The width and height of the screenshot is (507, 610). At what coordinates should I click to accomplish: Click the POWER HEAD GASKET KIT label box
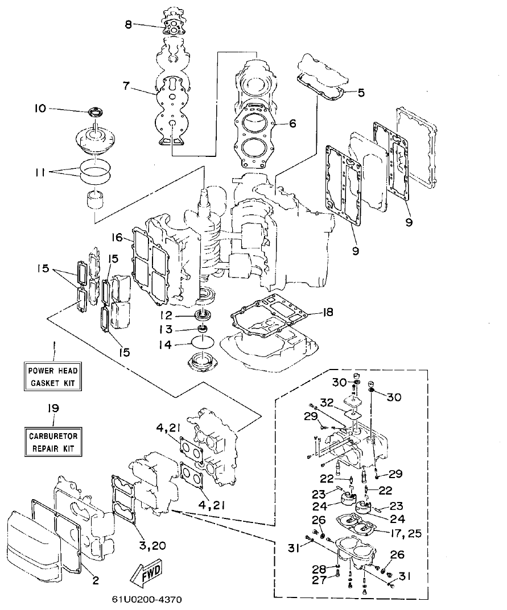tap(52, 377)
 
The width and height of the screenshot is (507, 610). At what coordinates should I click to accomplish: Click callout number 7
tap(126, 86)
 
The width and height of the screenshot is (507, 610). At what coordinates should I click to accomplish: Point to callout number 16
tap(117, 236)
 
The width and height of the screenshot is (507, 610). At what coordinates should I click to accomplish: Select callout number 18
tap(327, 313)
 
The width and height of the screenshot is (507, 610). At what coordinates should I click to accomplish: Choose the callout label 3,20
tap(152, 545)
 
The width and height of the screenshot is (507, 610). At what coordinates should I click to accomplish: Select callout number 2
tap(95, 580)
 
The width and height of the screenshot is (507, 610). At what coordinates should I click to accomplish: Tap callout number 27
tap(318, 580)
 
